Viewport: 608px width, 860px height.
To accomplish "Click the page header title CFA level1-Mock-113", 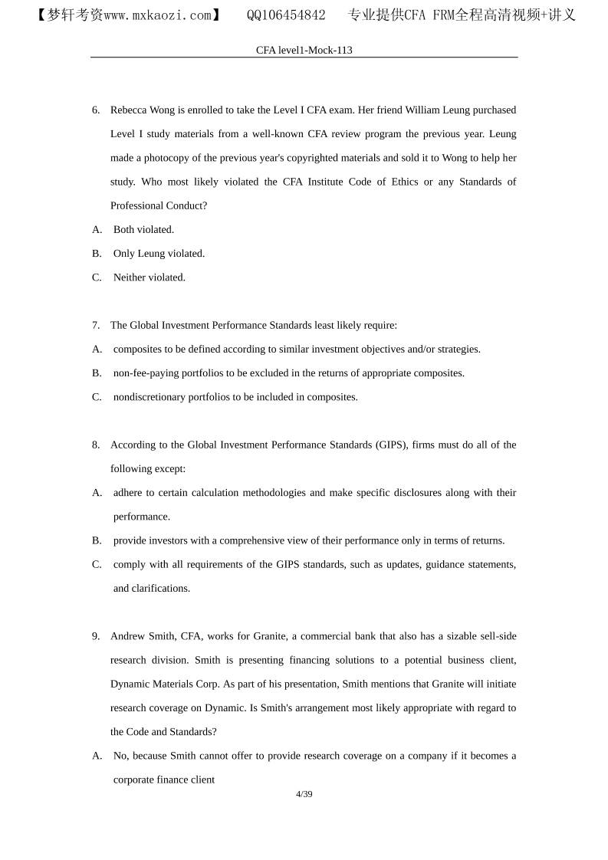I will (304, 50).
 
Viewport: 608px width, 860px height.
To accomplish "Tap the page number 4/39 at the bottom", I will (304, 794).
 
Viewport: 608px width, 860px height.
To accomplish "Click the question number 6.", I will (96, 110).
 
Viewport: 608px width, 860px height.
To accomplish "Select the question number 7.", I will (96, 325).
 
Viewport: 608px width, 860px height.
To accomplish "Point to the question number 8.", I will (96, 445).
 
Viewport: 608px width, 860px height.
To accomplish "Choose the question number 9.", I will (96, 636).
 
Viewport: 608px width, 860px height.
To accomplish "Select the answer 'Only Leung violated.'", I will (159, 254).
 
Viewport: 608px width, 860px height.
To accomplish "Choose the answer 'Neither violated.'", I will (149, 277).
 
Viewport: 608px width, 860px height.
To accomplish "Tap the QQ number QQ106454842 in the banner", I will (286, 15).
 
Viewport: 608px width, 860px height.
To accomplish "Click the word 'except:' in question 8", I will (169, 469).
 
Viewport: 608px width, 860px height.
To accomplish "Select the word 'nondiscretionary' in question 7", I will (151, 397).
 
